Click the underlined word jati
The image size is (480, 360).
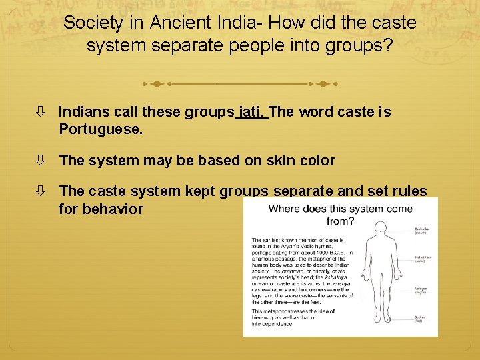click(x=252, y=112)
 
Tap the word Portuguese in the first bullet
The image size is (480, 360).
click(x=101, y=129)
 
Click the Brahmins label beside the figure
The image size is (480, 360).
click(x=422, y=229)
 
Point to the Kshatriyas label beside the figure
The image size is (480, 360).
click(x=423, y=257)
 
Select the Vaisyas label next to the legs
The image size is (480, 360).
click(x=421, y=289)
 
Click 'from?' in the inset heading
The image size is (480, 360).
click(x=341, y=221)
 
